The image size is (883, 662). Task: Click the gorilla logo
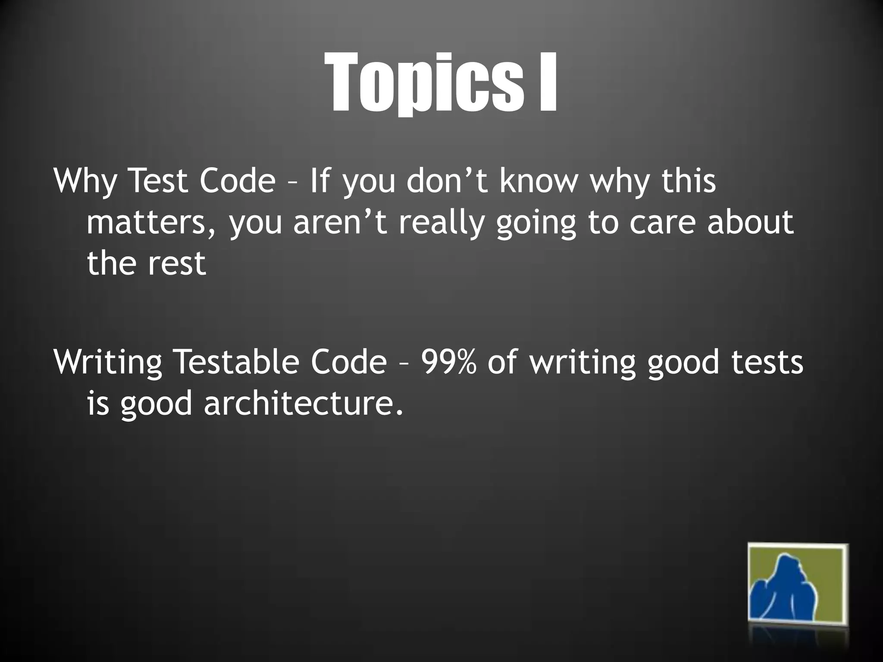tap(797, 589)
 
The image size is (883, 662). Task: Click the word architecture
tap(304, 403)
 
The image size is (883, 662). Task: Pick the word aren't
tap(341, 222)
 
